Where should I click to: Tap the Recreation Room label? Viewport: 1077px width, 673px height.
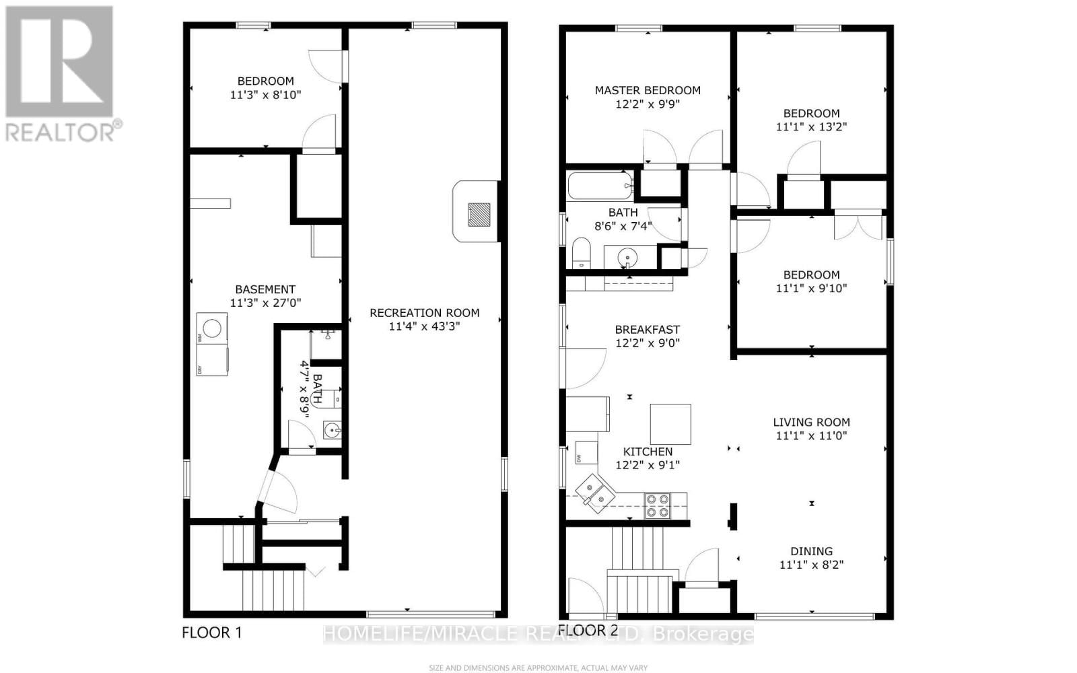(424, 313)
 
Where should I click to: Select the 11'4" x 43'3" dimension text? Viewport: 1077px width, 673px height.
(424, 327)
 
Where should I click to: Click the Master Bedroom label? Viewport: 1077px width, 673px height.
(647, 90)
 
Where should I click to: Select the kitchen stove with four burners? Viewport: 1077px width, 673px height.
(657, 506)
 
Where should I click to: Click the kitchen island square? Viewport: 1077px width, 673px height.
(670, 424)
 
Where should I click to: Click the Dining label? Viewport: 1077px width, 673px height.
(811, 551)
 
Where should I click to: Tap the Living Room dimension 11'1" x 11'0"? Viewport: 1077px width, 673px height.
(811, 436)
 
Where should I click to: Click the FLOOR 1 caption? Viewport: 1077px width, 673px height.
(211, 633)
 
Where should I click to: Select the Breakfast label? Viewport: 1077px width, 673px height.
(647, 330)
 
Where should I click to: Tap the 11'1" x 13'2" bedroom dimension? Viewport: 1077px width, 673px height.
(811, 127)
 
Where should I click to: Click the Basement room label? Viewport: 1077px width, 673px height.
(265, 290)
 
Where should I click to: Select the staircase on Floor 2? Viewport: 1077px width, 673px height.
(639, 572)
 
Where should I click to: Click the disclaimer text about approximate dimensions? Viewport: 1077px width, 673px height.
(538, 668)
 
